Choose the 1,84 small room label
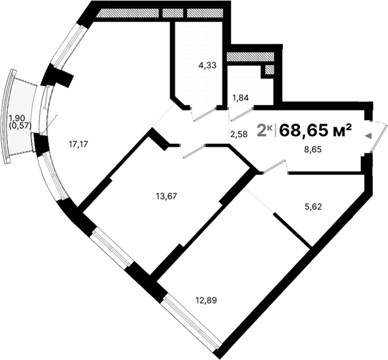click(x=241, y=97)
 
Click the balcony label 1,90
click(x=16, y=118)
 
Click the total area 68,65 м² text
click(x=315, y=130)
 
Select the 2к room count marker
click(x=264, y=130)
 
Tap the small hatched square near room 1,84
click(x=269, y=70)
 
